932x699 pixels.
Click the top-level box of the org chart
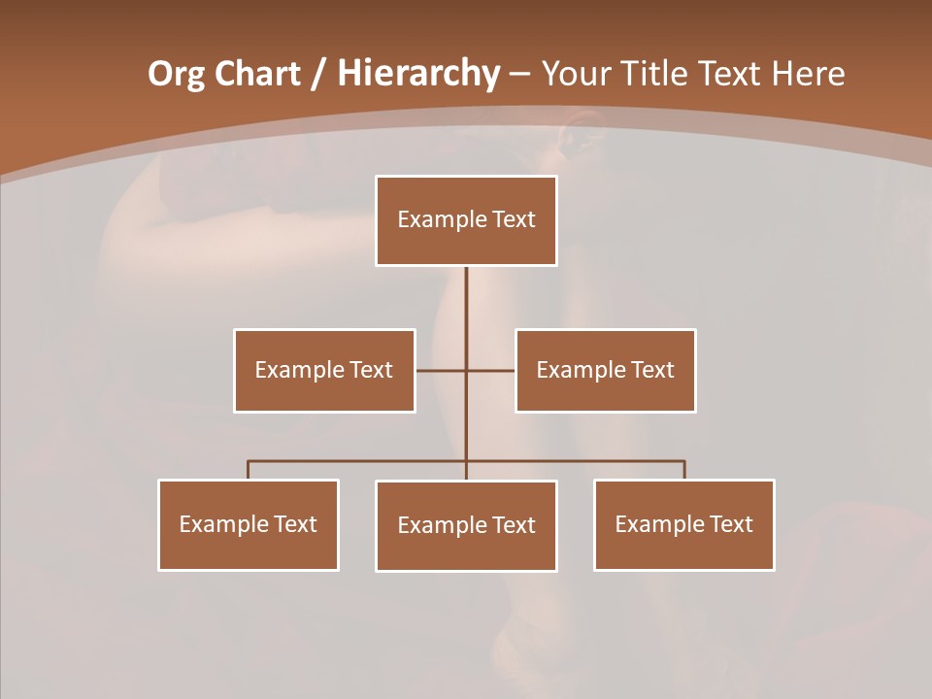(466, 220)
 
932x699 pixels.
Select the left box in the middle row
(324, 370)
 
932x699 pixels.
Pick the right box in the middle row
(606, 370)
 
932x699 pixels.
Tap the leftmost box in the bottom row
(249, 524)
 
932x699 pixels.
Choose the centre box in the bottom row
(466, 525)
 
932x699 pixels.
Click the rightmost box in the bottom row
(684, 524)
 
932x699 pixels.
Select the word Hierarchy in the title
(417, 74)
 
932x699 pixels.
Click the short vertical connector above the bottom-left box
(249, 470)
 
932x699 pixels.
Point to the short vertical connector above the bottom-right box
(684, 470)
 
